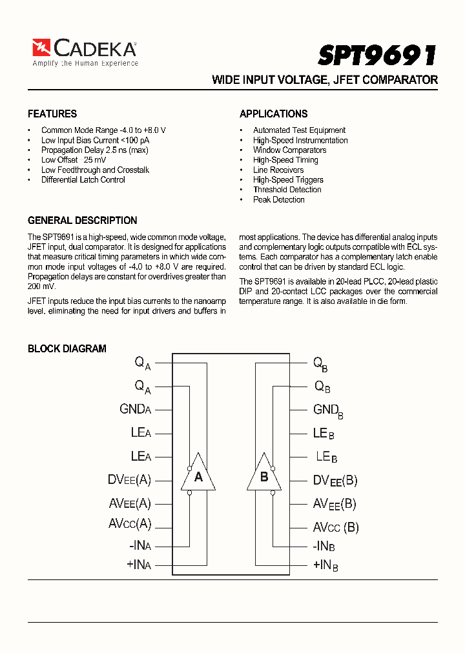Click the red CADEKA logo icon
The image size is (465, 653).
[x=41, y=48]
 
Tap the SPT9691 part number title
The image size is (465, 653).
[x=377, y=55]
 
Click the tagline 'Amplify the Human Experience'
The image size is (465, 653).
[x=85, y=63]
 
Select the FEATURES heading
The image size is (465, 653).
[x=52, y=114]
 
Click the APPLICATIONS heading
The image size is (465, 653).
[x=273, y=114]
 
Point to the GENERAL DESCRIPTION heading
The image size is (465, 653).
[x=82, y=220]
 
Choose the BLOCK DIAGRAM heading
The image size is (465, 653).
[x=67, y=348]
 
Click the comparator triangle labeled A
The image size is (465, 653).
[x=198, y=477]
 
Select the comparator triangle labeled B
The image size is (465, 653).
[x=263, y=477]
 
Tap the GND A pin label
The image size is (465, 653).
[x=135, y=409]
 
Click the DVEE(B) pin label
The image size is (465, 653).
[x=335, y=480]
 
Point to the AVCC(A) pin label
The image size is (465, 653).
[x=129, y=523]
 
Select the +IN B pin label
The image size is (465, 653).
[x=325, y=565]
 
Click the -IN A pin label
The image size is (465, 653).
[x=139, y=545]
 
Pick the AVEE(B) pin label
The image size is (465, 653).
[x=334, y=504]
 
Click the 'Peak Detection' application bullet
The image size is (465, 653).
[x=278, y=200]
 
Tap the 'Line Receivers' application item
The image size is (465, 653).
[x=278, y=170]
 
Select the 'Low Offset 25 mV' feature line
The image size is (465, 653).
[x=74, y=160]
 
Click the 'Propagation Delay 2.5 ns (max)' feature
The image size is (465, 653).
[x=94, y=150]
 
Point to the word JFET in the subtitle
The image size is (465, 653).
[x=348, y=80]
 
